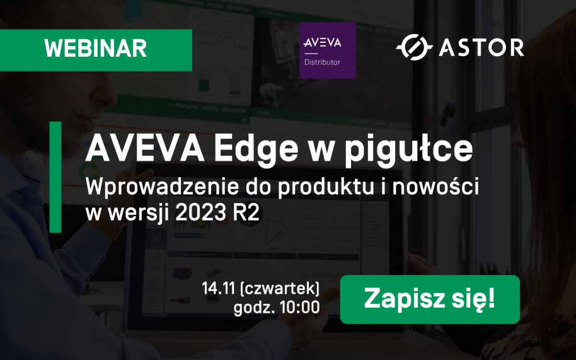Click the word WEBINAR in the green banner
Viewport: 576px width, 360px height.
pyautogui.click(x=96, y=48)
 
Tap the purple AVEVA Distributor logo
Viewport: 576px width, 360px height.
pyautogui.click(x=328, y=50)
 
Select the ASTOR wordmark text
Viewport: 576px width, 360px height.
pyautogui.click(x=481, y=47)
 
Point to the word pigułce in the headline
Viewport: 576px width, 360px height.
pyautogui.click(x=408, y=149)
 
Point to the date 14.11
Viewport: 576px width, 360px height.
pyautogui.click(x=218, y=288)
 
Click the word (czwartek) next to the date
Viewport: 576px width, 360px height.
pyautogui.click(x=280, y=289)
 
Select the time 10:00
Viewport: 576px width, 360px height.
pyautogui.click(x=300, y=308)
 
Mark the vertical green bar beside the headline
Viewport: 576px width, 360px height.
pyautogui.click(x=55, y=177)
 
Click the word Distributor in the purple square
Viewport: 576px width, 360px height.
pyautogui.click(x=322, y=62)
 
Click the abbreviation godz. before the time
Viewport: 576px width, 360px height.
pyautogui.click(x=255, y=308)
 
